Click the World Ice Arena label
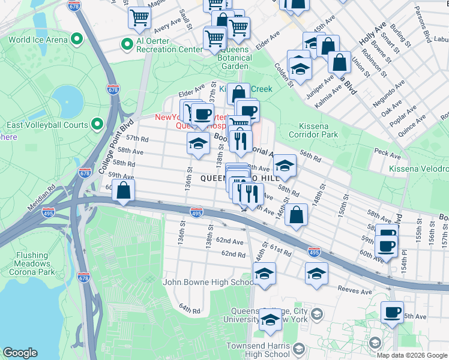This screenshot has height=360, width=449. click(x=37, y=40)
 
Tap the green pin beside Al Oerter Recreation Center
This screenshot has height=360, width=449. click(x=127, y=44)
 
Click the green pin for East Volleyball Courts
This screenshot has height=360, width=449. click(x=98, y=125)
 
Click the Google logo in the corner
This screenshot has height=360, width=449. click(x=20, y=352)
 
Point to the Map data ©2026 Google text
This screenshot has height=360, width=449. click(x=411, y=355)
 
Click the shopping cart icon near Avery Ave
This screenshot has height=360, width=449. click(x=139, y=17)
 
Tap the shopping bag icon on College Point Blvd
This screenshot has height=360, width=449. click(x=124, y=191)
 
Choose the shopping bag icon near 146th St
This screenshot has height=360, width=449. click(x=297, y=214)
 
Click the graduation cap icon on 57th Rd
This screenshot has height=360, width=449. click(x=198, y=143)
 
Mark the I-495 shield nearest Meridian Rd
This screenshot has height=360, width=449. click(x=49, y=212)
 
